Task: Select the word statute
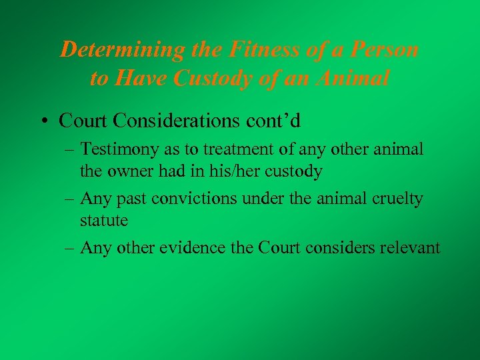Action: (103, 219)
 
